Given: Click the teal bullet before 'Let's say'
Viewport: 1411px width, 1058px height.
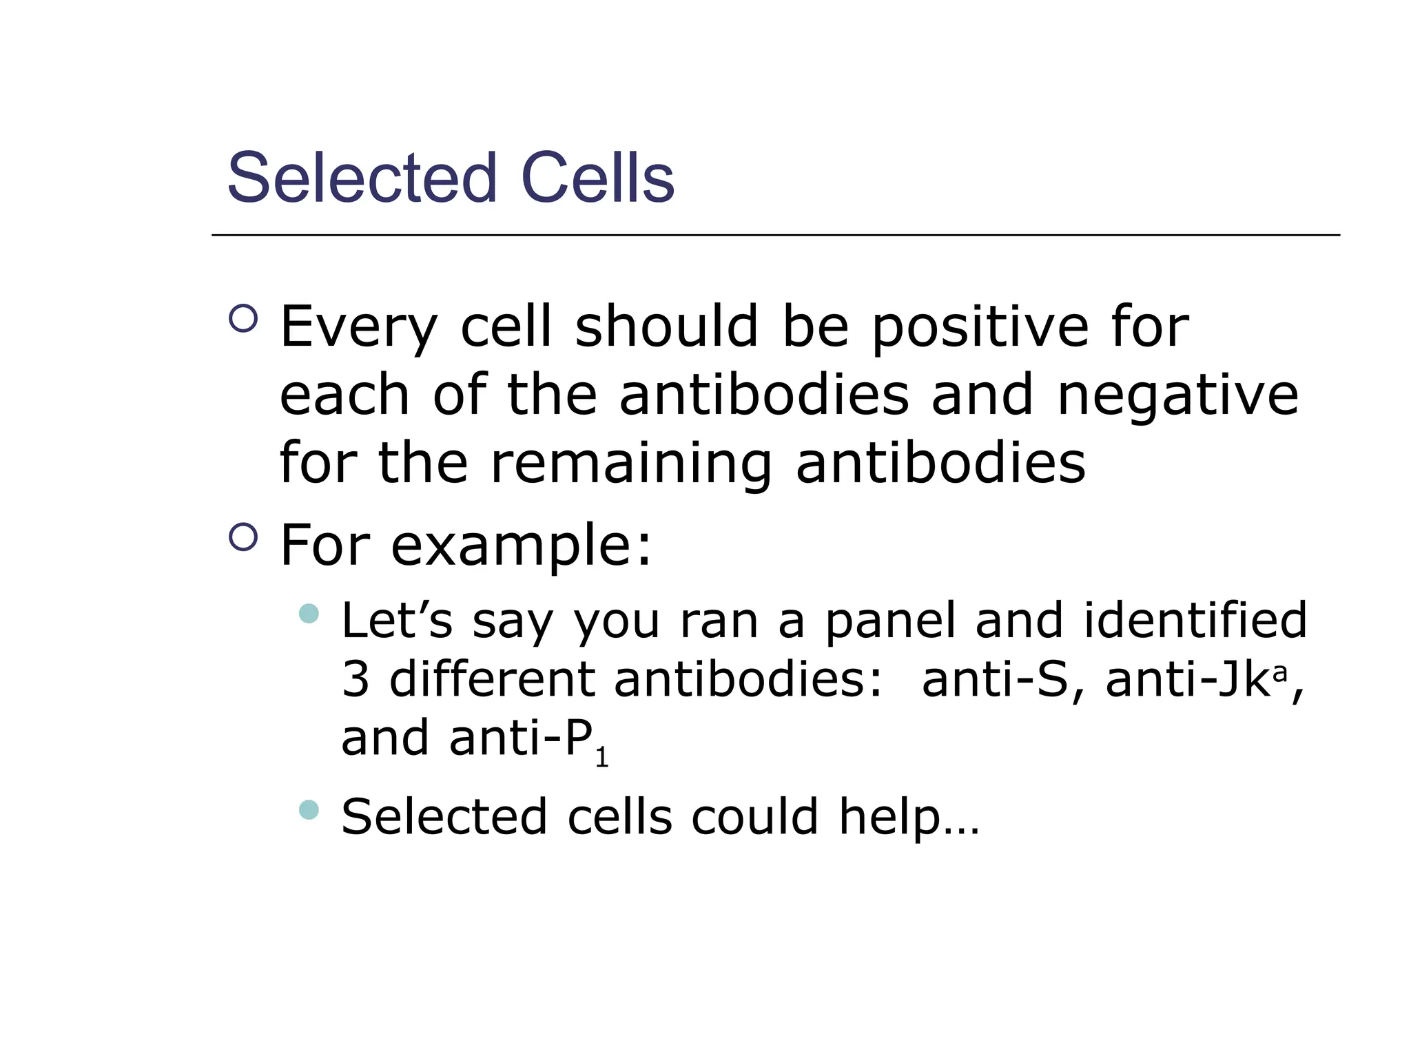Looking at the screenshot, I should tap(309, 613).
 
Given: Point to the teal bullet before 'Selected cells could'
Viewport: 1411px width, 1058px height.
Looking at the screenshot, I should tap(309, 809).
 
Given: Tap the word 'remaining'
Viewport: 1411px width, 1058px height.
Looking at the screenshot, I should tap(631, 463).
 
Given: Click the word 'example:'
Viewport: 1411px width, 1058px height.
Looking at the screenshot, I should tap(521, 545).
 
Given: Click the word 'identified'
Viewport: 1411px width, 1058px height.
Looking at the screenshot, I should tap(1195, 620).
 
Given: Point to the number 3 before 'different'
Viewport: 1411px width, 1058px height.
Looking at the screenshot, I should tap(356, 679).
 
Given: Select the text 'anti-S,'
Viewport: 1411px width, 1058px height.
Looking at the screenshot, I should tap(1003, 679).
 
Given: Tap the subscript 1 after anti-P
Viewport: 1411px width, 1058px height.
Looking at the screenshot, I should tap(601, 758).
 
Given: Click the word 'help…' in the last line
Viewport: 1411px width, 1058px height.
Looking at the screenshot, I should tap(908, 818).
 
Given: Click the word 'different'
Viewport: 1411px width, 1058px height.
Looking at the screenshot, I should tap(492, 679).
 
